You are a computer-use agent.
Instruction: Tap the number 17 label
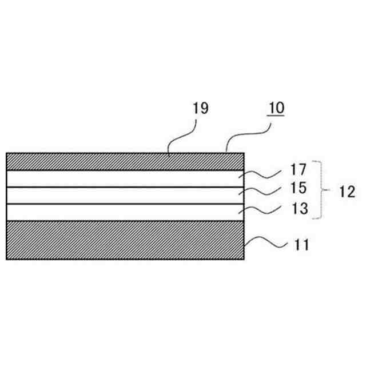tap(298, 170)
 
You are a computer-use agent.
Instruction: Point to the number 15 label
tap(298, 188)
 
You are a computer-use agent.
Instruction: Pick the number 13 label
tap(298, 210)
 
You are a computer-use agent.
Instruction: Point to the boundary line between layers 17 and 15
tap(114, 187)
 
